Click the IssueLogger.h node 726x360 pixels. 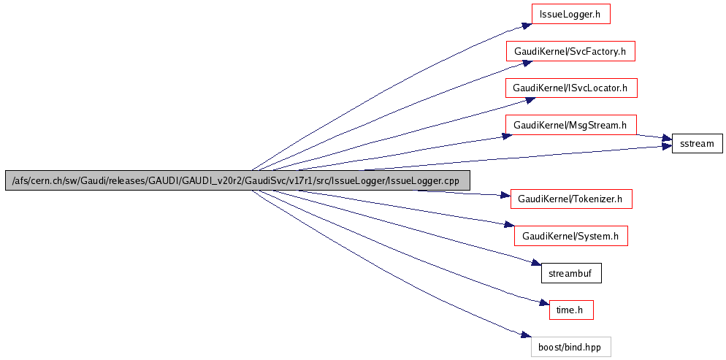[570, 14]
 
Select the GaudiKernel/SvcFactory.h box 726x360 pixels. [570, 51]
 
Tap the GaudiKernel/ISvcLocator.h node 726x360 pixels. [570, 88]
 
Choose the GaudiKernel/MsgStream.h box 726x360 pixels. [570, 126]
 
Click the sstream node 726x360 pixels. [697, 144]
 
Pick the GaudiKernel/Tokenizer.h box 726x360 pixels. [570, 199]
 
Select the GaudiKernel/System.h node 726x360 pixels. [570, 236]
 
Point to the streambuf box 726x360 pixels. [570, 273]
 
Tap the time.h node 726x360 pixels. [570, 310]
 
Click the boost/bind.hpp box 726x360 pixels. [570, 347]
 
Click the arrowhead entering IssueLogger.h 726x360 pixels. [526, 26]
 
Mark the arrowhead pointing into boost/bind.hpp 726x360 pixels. [526, 335]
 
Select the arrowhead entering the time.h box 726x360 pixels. [543, 303]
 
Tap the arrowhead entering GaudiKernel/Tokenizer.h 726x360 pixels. [505, 196]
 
